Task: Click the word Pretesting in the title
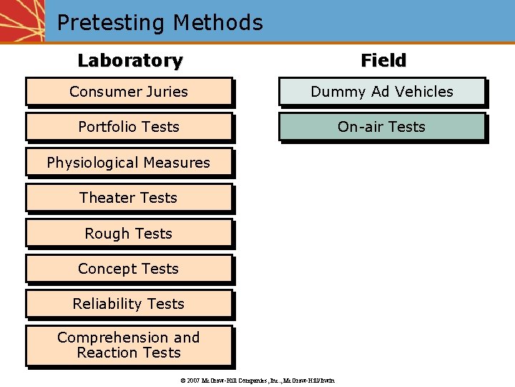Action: click(108, 23)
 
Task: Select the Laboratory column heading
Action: click(129, 61)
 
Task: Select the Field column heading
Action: click(383, 61)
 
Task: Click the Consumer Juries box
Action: click(129, 92)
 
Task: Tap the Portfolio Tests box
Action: click(129, 127)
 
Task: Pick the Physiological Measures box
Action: click(129, 163)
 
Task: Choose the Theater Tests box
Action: click(129, 198)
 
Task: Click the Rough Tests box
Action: click(129, 234)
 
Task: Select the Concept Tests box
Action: click(129, 269)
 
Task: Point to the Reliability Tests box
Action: click(129, 304)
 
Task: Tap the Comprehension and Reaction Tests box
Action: click(129, 345)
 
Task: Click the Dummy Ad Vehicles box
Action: click(382, 92)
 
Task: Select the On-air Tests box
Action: click(382, 127)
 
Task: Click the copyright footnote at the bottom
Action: click(257, 380)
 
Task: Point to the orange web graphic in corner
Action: click(21, 20)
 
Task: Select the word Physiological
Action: click(92, 163)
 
